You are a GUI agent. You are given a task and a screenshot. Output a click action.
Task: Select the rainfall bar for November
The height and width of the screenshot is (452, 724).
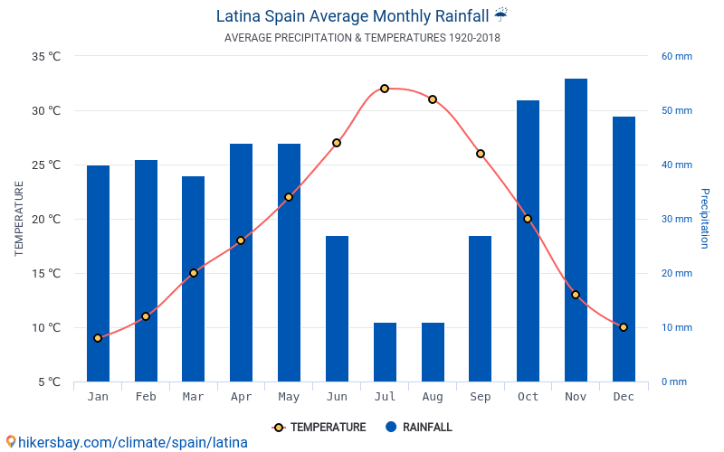click(576, 230)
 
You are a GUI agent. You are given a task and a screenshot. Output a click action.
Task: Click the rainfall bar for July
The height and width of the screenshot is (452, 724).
click(385, 352)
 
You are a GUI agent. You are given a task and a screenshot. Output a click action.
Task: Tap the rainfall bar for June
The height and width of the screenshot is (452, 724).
click(337, 308)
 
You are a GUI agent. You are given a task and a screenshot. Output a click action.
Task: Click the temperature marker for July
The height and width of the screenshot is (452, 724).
click(385, 89)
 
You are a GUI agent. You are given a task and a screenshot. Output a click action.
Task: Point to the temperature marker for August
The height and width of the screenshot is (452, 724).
click(433, 99)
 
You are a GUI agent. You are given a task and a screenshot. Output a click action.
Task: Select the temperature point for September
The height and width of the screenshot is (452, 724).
click(481, 154)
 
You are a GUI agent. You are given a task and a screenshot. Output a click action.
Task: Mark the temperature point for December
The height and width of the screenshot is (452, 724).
click(624, 327)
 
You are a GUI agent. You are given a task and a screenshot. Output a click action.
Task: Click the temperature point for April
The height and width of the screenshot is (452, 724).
click(241, 240)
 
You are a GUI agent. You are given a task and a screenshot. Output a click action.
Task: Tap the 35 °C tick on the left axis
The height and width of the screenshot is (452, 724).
click(46, 56)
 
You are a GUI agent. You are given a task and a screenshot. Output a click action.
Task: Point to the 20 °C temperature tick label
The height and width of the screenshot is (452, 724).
click(46, 219)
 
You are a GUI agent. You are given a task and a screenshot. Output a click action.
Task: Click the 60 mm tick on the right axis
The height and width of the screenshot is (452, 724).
click(676, 56)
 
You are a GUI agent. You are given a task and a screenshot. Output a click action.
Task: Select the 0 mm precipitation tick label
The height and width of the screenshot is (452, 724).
click(673, 381)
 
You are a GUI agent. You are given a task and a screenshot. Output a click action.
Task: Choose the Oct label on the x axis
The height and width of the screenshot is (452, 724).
click(528, 397)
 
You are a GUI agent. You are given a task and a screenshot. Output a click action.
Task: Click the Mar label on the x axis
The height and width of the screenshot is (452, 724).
click(193, 397)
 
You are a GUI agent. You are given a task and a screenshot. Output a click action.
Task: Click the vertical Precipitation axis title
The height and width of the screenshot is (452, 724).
click(705, 219)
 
